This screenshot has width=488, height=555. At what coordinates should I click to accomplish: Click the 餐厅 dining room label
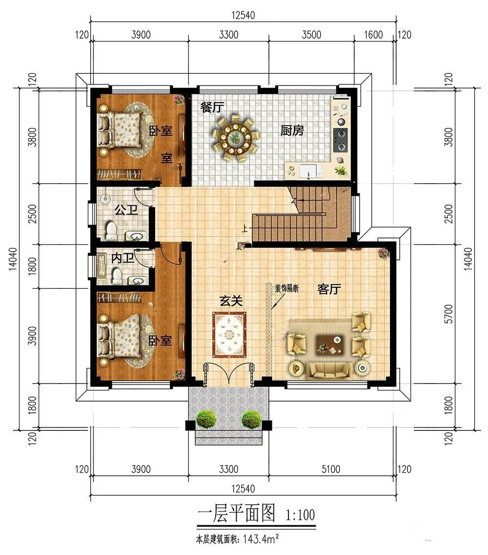coord(212,107)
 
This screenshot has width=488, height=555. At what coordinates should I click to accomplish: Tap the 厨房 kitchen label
coord(292,130)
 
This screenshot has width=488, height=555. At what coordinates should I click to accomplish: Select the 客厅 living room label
coord(329,289)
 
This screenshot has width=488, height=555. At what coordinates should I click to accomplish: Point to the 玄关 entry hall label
coord(231,301)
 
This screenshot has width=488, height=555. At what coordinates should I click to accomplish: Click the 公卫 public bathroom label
coord(126,210)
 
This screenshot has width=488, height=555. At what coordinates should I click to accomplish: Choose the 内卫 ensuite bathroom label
coord(122,257)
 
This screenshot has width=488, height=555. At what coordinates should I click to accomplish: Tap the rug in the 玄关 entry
coord(229,335)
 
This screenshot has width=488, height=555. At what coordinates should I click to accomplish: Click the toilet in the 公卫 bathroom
coord(111,231)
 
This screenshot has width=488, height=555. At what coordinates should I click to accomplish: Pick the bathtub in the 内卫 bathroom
coord(102,268)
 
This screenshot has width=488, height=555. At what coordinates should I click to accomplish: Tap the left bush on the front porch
coord(206,419)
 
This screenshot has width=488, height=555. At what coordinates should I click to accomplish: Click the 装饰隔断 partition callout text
coord(287,288)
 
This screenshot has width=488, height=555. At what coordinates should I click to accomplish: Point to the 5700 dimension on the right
coord(448,314)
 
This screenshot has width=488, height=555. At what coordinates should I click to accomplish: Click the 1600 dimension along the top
coord(373,35)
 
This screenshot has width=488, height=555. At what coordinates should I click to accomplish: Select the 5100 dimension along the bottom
coord(331,470)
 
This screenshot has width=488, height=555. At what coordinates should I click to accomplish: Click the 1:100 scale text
coord(300,514)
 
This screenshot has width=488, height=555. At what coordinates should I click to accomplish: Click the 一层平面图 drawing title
coord(236,513)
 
